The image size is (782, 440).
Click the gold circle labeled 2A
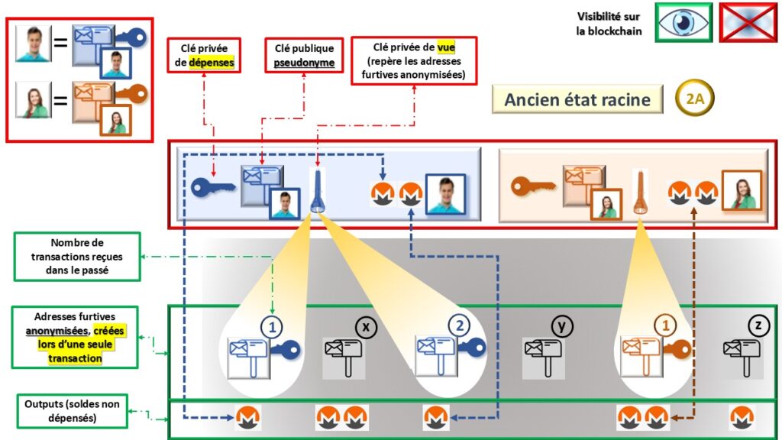695,99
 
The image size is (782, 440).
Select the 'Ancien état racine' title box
577,100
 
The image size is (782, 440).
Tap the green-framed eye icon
683,22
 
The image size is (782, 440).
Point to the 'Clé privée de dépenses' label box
204,56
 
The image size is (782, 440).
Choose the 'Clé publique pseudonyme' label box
304,56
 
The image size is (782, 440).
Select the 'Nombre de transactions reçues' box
76,257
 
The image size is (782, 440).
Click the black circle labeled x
367,328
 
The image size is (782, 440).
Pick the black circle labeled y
562,327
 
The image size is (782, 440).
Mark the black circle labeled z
758,326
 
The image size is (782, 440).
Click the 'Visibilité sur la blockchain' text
609,24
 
